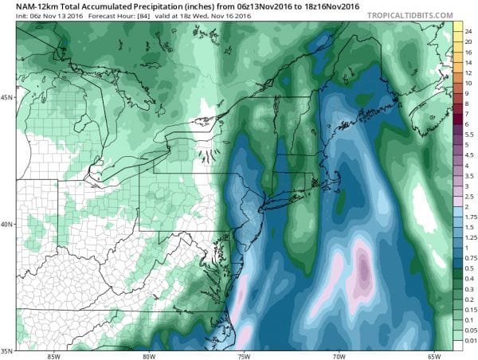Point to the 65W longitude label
(430, 355)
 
